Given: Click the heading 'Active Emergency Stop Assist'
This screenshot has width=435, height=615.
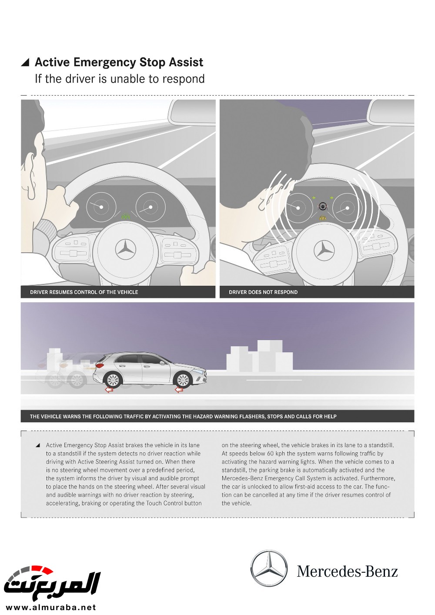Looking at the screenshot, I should pos(119,63).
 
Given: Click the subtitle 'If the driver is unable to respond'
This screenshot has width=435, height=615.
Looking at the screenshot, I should pos(120,79).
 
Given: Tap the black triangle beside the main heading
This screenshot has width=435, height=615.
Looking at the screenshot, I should pos(25,63).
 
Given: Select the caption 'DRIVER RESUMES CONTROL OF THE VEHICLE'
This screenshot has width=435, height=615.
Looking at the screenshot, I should pos(84,292).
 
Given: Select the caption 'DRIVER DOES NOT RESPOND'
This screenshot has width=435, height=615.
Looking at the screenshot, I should pos(263,292).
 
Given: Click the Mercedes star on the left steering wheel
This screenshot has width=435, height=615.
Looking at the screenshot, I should pos(126,250).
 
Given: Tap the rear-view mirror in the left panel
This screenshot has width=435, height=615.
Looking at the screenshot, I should pos(192,112).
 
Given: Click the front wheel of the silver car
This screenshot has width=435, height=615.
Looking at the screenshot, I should pos(183,380).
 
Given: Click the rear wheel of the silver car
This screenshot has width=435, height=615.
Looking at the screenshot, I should pos(113,380).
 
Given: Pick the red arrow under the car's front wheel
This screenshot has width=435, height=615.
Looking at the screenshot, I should pos(179,390).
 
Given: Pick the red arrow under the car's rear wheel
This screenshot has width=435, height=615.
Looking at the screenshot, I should pos(109,390).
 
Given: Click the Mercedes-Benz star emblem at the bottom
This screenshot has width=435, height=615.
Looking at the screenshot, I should pos(269,568).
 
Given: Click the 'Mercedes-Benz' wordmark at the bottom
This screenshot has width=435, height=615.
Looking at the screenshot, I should pos(347,571).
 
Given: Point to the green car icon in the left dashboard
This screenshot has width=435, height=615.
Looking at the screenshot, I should pos(126,215).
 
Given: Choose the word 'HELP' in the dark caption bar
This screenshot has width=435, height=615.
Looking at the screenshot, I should pos(330,417).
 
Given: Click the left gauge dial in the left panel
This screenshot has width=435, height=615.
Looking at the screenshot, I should pos(101,207).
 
